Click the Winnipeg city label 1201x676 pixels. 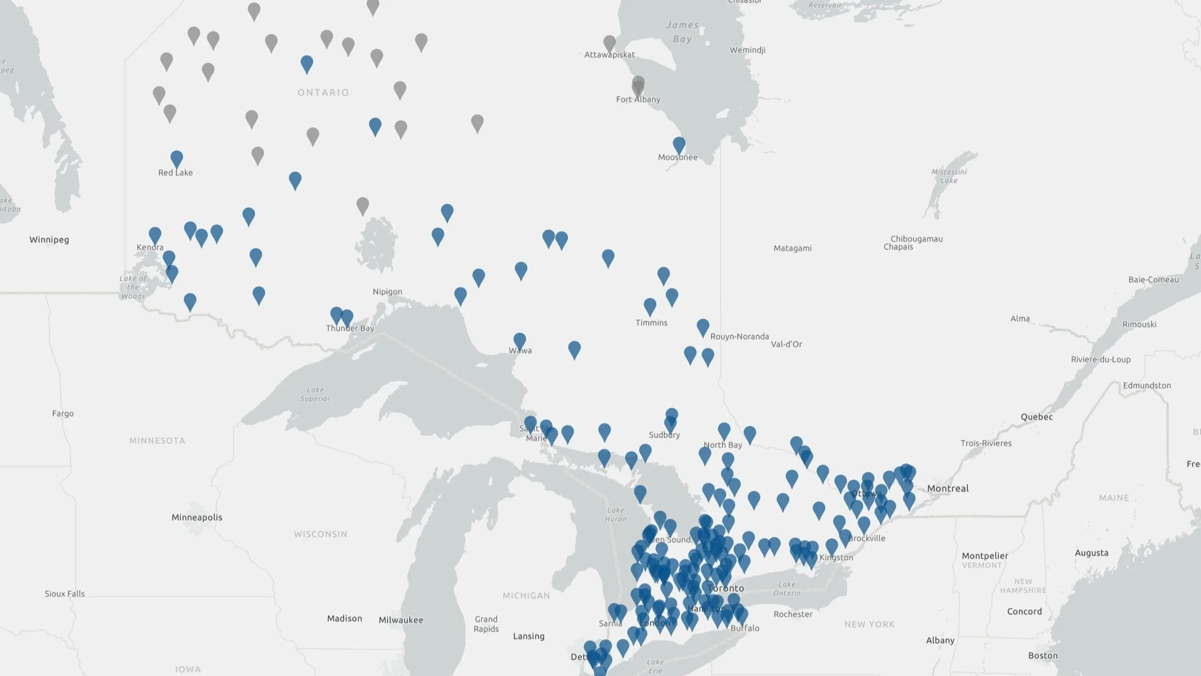point(49,240)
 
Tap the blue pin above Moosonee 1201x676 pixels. point(679,145)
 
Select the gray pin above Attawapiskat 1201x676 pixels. point(610,43)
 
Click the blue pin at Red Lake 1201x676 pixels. point(176,159)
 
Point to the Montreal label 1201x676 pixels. point(948,488)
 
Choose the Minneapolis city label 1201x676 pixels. point(197,517)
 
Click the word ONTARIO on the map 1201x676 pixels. point(323,92)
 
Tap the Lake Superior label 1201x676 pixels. point(315,394)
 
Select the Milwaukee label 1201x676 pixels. point(401,620)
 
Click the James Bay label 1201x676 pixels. point(682,32)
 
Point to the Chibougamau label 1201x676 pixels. point(917,238)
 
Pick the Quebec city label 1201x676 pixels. point(1037,417)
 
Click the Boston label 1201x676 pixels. point(1043,655)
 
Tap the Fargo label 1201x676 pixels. point(63,413)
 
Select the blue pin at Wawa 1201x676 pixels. point(519,340)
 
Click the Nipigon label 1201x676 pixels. point(387,291)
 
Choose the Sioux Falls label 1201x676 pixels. point(65,593)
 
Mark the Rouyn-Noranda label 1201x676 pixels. point(739,337)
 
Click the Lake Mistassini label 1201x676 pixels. point(949,176)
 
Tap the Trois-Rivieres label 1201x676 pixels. point(986,443)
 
